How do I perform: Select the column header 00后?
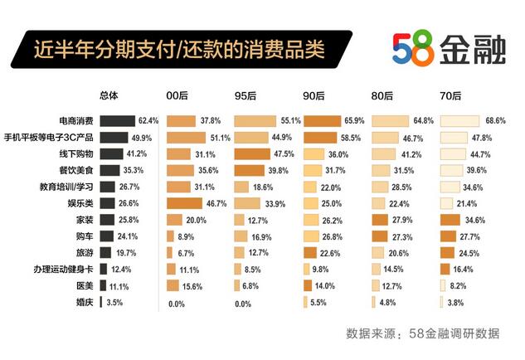(178, 97)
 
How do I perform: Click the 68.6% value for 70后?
(495, 120)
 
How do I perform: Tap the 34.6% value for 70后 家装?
(495, 220)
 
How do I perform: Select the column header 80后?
(383, 97)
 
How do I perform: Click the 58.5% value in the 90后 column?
(353, 137)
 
